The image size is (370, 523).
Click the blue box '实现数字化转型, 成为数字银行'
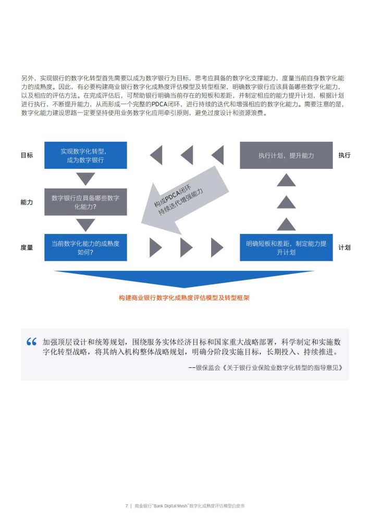click(x=85, y=155)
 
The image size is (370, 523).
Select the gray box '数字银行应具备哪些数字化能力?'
click(x=85, y=202)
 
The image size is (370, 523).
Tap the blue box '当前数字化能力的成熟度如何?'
click(x=85, y=247)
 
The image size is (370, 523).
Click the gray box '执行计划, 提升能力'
click(x=286, y=155)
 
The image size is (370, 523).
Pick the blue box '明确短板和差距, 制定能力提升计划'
click(x=286, y=247)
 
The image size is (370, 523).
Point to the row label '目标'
click(x=27, y=155)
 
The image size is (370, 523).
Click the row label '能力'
click(x=27, y=202)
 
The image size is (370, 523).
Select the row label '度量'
click(x=27, y=247)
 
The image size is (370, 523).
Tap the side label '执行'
click(x=344, y=155)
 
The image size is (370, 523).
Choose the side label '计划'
click(x=344, y=247)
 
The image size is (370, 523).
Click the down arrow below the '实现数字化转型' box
click(x=85, y=179)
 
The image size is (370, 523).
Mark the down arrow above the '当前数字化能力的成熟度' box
click(x=85, y=225)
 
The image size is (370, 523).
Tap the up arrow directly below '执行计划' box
click(x=286, y=180)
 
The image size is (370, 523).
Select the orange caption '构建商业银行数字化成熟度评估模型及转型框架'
click(x=184, y=298)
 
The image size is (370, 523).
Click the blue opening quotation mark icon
click(x=31, y=342)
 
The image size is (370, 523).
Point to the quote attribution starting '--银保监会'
click(x=265, y=368)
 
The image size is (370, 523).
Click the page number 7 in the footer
click(x=127, y=506)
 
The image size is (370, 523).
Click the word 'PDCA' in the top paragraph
click(x=159, y=104)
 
